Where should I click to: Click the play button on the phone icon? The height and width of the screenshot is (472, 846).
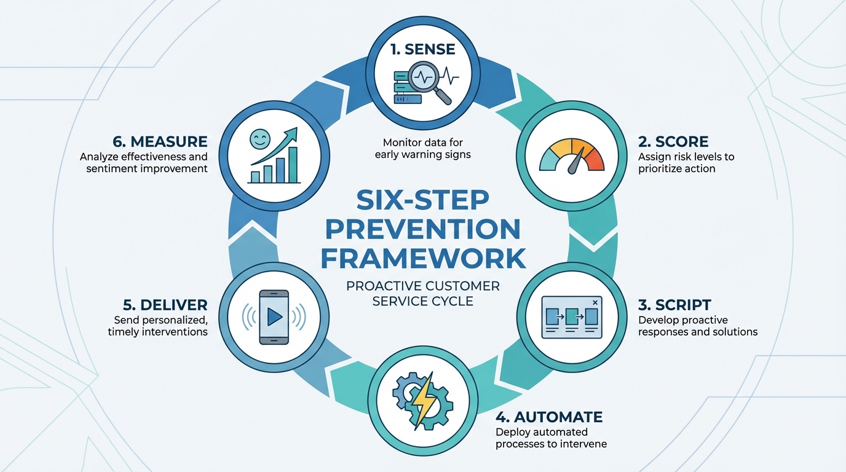(x=275, y=317)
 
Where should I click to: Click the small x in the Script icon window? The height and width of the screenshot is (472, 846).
(x=595, y=302)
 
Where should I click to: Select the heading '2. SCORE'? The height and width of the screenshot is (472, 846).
(x=673, y=142)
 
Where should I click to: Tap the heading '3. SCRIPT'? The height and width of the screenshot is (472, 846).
(x=674, y=305)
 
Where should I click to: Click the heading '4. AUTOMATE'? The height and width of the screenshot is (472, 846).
(x=549, y=417)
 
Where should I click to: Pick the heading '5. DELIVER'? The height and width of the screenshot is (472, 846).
(x=164, y=305)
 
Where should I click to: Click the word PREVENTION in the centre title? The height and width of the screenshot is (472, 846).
(x=422, y=229)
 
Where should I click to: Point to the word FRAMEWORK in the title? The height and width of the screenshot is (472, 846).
(x=422, y=258)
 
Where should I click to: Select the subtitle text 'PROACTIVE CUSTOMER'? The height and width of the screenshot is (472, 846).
(x=422, y=286)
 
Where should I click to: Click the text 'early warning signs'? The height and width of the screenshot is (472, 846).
(x=422, y=154)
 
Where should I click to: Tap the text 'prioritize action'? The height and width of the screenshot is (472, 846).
(x=676, y=168)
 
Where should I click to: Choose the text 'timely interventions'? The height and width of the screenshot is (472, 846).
(x=157, y=332)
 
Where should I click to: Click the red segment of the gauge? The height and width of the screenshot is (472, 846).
(x=595, y=160)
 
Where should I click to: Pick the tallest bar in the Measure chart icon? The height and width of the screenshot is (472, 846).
(x=293, y=165)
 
